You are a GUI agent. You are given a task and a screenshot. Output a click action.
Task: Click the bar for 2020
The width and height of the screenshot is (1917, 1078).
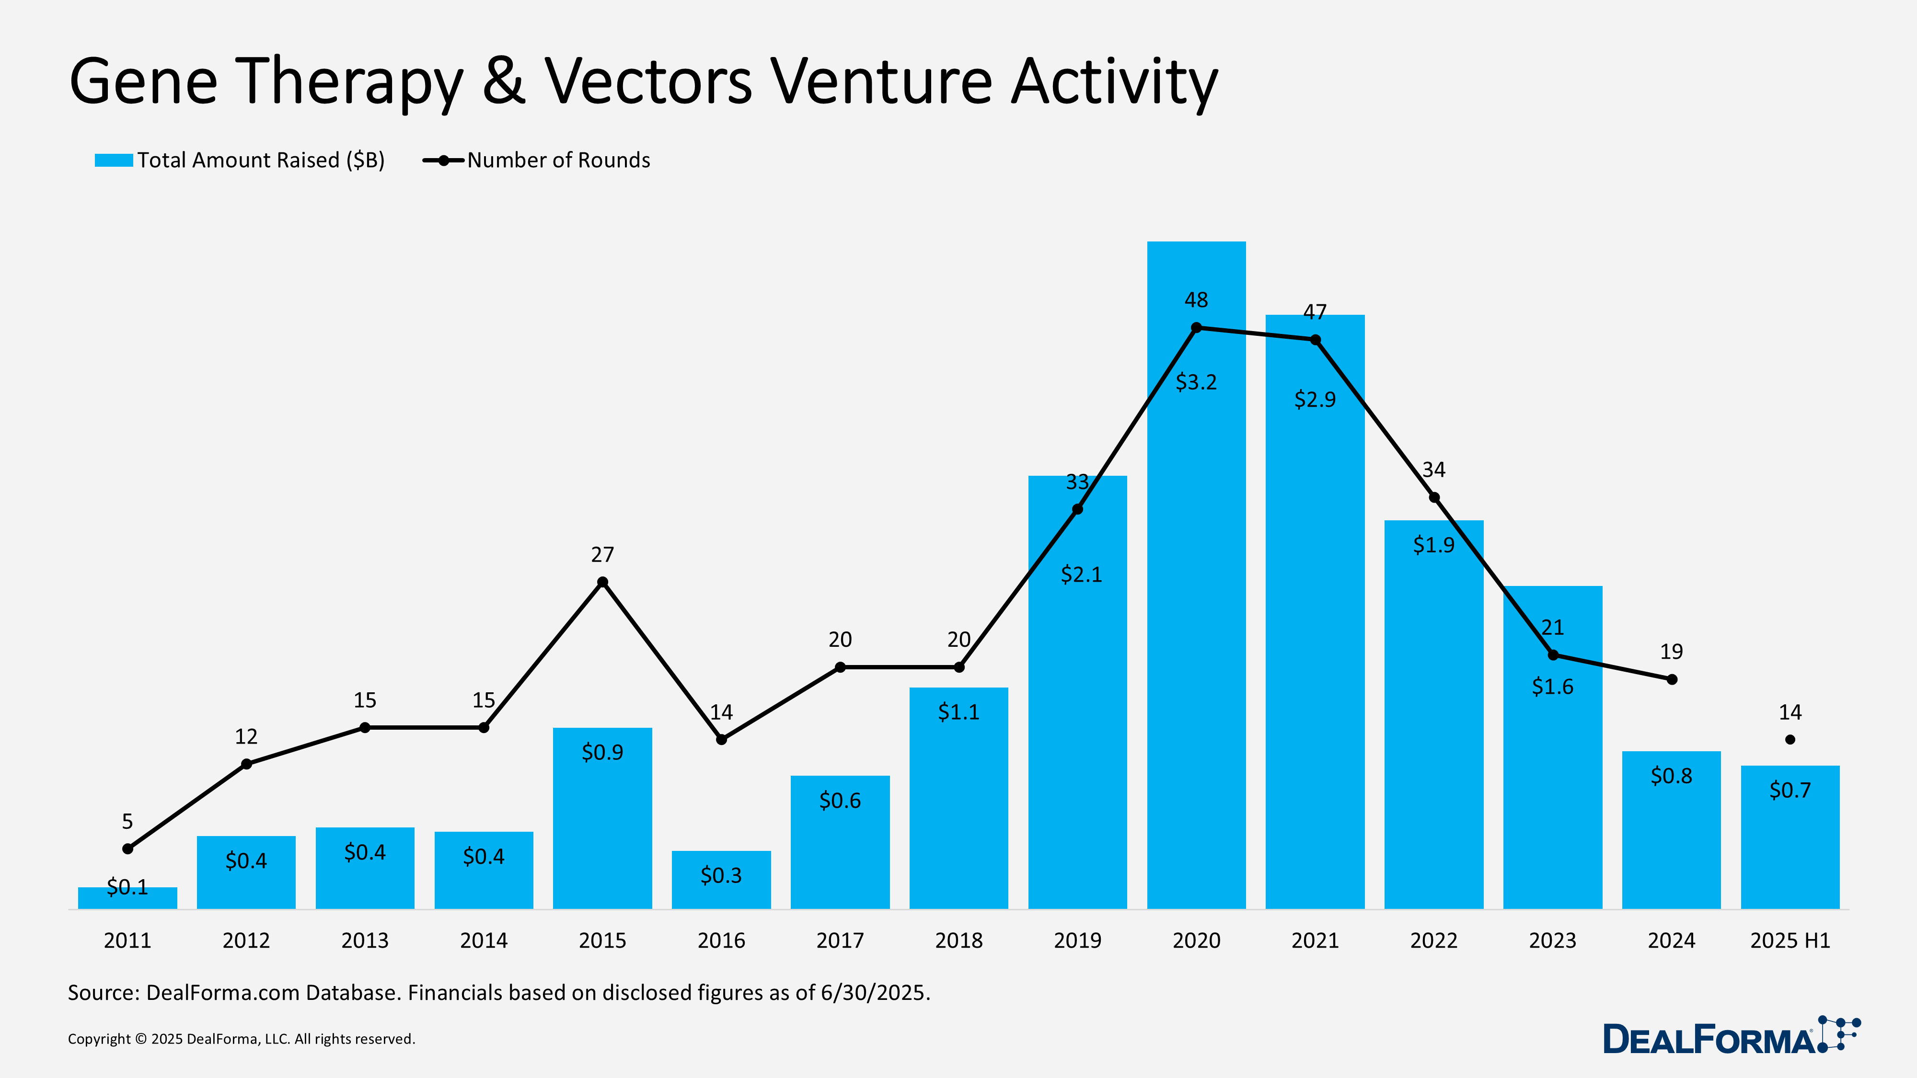pos(1196,595)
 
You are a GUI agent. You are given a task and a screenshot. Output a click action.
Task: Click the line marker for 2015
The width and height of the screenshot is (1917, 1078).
pos(603,582)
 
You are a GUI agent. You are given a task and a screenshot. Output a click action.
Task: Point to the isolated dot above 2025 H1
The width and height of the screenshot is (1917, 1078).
pos(1790,739)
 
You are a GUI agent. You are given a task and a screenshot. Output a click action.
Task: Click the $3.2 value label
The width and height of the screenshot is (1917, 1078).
pos(1196,382)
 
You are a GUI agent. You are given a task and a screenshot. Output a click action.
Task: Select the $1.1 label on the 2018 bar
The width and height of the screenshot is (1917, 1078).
pos(958,712)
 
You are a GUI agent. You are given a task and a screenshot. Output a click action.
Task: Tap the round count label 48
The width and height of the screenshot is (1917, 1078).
pos(1196,300)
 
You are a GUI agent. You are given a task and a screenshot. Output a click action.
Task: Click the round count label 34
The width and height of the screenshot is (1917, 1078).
pos(1433,470)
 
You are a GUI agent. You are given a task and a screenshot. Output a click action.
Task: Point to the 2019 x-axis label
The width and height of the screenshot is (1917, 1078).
pos(1077,940)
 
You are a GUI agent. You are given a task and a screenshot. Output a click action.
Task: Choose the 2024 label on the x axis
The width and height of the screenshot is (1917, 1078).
pos(1672,940)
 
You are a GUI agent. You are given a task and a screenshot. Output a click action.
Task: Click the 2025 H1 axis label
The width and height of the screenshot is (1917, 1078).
pos(1790,940)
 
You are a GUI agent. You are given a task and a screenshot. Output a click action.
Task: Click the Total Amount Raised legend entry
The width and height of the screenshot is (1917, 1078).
pos(240,160)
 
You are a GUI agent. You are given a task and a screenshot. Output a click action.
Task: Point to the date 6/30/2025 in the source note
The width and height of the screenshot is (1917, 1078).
pos(875,992)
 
